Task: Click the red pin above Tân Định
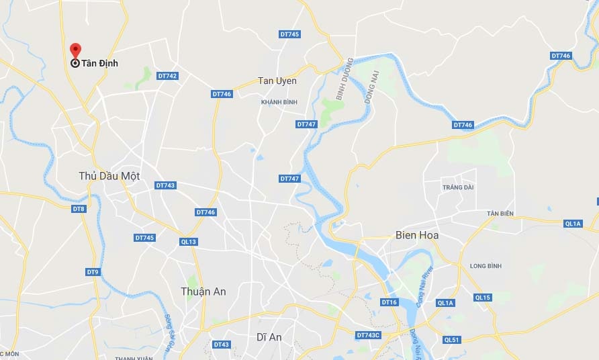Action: click(x=76, y=50)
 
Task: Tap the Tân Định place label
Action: click(x=99, y=63)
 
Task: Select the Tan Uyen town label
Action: click(x=277, y=81)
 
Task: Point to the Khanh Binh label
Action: click(x=279, y=102)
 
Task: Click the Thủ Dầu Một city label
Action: click(x=109, y=176)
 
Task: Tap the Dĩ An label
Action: click(x=269, y=337)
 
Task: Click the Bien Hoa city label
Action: click(x=418, y=236)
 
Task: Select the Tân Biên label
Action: click(x=500, y=214)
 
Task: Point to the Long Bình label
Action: click(x=486, y=266)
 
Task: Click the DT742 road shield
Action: click(x=167, y=76)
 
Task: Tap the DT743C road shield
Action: click(x=368, y=335)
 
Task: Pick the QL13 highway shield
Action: click(x=189, y=242)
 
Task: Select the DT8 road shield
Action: click(x=79, y=209)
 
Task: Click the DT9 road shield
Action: click(x=93, y=272)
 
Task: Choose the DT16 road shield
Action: click(x=389, y=302)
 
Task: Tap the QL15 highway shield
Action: click(x=482, y=298)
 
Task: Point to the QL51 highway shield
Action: click(x=452, y=340)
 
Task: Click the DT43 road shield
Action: click(x=221, y=345)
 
